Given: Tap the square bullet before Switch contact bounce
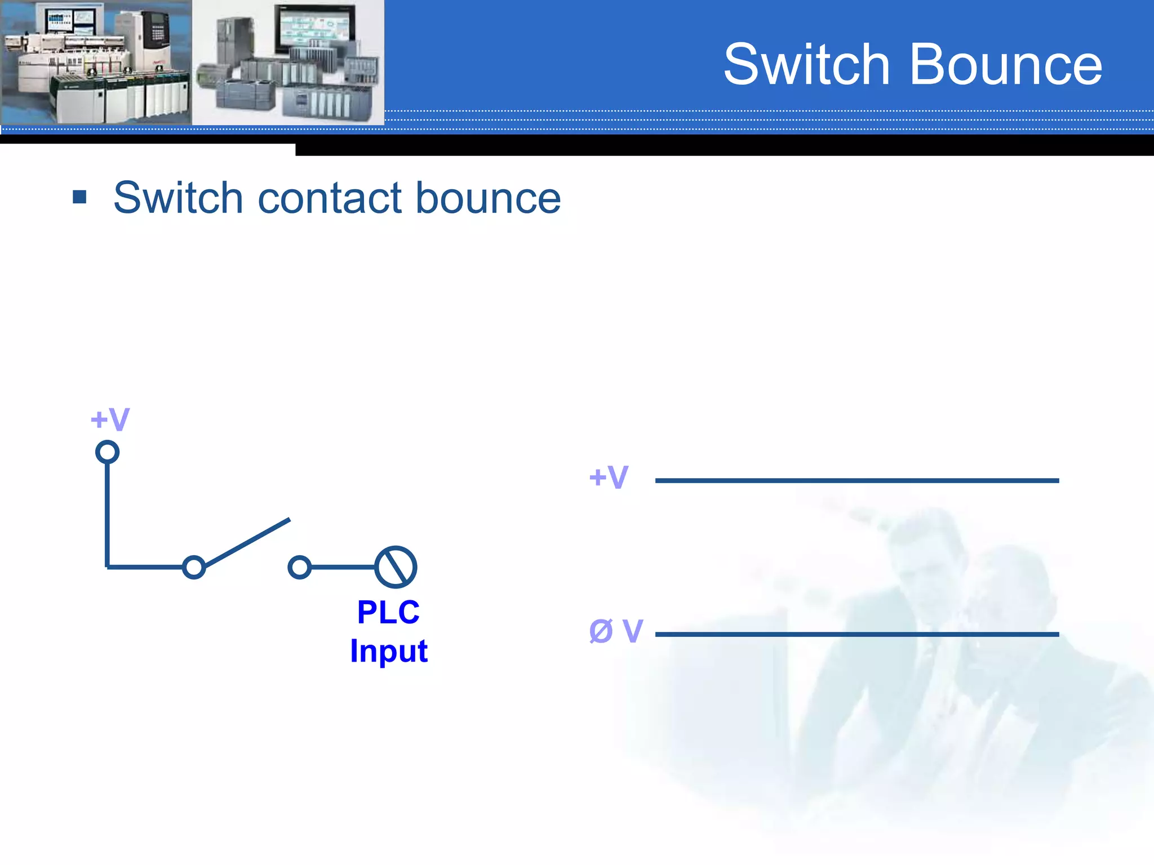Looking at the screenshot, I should tap(79, 197).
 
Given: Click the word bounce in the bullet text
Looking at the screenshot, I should tap(488, 198).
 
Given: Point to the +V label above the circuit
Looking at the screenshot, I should tap(110, 420).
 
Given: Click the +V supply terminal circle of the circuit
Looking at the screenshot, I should tap(107, 452).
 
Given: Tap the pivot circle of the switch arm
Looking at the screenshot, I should tap(194, 567).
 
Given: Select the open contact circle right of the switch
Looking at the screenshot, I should tap(299, 567).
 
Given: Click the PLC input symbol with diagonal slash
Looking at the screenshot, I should tap(396, 567).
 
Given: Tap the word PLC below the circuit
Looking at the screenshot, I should tap(388, 612).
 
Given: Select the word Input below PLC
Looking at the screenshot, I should tap(388, 651).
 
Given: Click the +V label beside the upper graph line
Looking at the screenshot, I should tap(609, 478).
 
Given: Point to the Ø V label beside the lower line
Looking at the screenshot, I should tap(615, 631).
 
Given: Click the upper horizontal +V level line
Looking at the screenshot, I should tap(856, 480).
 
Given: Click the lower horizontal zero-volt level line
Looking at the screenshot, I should tap(856, 634).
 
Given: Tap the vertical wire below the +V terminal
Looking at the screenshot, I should tap(107, 512).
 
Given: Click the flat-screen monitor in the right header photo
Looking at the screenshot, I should tap(313, 28).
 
